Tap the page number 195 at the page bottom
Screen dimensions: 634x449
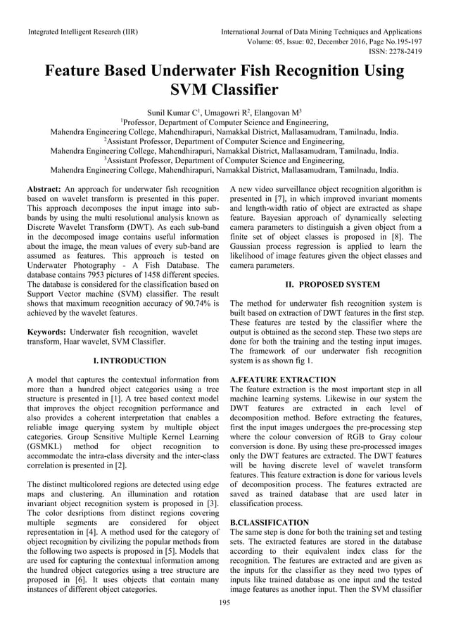[224, 603]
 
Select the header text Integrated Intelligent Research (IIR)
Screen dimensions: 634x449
[82, 32]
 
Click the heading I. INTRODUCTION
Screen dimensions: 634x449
[125, 361]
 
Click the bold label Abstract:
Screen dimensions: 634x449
[45, 190]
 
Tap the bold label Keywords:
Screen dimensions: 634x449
[47, 331]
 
